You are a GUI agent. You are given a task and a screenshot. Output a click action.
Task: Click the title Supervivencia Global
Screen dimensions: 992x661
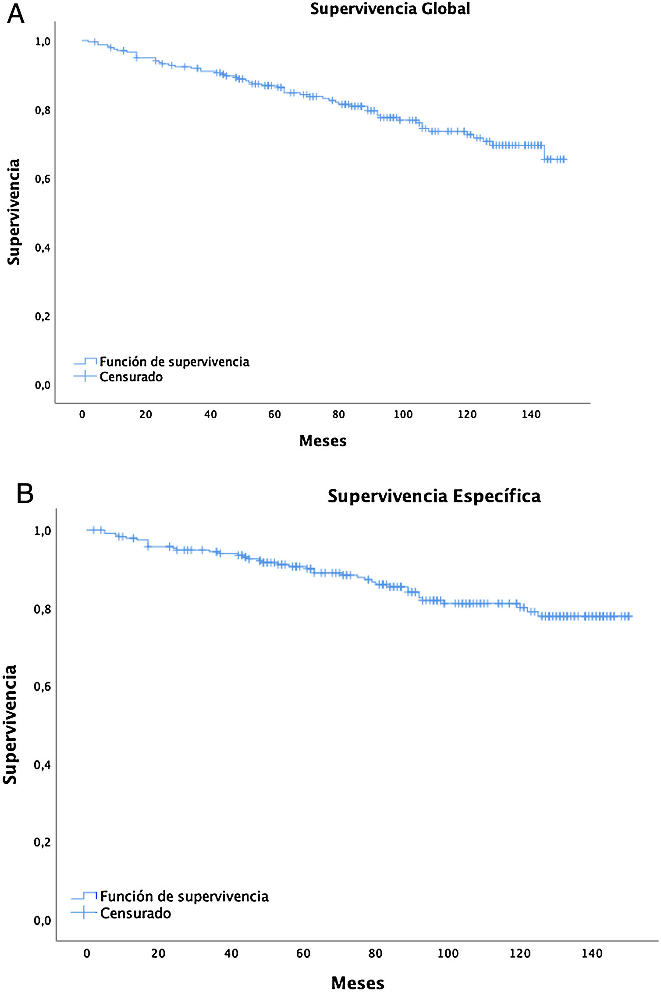[x=390, y=9]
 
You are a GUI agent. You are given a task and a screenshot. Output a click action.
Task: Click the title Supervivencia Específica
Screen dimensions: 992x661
[x=434, y=496]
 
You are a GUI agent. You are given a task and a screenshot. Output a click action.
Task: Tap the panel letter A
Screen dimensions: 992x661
[x=16, y=14]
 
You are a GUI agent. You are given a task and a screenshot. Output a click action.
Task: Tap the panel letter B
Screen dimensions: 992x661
[x=25, y=494]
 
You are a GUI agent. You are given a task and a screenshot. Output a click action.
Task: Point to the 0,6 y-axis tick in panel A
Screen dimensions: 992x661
[x=43, y=179]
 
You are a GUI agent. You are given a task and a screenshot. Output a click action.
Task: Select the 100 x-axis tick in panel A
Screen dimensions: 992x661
[x=403, y=415]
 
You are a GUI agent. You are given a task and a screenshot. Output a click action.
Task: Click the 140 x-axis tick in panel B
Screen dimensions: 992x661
[x=592, y=953]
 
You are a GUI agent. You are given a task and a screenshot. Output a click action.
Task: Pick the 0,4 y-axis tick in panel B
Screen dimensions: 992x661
[x=42, y=765]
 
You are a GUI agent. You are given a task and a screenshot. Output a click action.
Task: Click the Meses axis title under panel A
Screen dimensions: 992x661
[x=323, y=441]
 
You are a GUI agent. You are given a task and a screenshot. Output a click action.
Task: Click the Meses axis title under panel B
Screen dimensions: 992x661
[x=358, y=983]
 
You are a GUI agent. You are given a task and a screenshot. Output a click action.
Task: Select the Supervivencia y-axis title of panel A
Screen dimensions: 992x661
[x=14, y=212]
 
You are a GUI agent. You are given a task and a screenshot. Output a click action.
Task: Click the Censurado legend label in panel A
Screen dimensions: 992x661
[x=131, y=377]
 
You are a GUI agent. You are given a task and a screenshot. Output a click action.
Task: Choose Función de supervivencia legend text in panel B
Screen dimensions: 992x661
[x=184, y=897]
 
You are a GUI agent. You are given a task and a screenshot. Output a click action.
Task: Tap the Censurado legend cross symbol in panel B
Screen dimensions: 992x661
[x=83, y=913]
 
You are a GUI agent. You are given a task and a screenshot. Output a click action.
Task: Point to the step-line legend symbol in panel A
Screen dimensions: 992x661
[x=85, y=361]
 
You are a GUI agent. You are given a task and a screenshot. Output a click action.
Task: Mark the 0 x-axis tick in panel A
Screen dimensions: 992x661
[x=82, y=415]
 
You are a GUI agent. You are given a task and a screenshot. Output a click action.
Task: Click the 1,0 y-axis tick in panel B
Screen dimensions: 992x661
[x=43, y=531]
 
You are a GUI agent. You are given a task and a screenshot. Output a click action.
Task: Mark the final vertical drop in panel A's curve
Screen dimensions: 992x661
[x=544, y=152]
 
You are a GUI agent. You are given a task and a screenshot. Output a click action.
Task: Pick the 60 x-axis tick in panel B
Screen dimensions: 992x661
[x=303, y=953]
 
